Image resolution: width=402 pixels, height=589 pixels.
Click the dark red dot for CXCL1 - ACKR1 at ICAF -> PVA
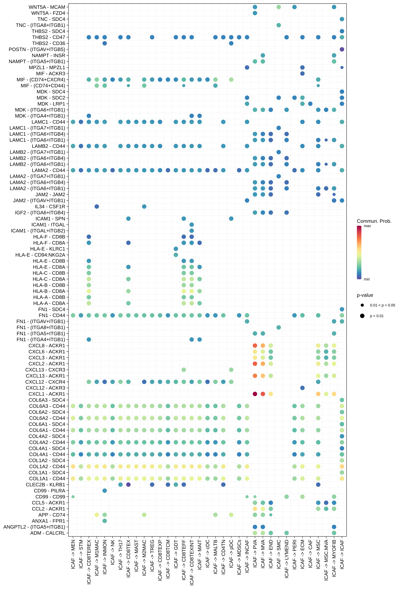pyautogui.click(x=255, y=394)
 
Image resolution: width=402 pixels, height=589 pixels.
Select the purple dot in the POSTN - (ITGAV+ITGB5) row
pyautogui.click(x=342, y=49)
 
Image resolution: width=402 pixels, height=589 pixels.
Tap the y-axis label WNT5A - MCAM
pyautogui.click(x=47, y=7)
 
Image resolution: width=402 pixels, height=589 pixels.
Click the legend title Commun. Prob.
pyautogui.click(x=374, y=221)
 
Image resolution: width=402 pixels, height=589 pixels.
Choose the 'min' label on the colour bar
pyautogui.click(x=367, y=279)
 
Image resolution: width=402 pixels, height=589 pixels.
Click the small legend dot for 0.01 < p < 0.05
pyautogui.click(x=362, y=305)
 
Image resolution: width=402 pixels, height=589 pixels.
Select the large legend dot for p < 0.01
pyautogui.click(x=362, y=316)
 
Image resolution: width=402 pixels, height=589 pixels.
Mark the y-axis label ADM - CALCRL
pyautogui.click(x=48, y=533)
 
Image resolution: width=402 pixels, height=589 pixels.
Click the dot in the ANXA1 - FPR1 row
pyautogui.click(x=105, y=521)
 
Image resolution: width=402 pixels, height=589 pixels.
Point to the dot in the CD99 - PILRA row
pyautogui.click(x=105, y=491)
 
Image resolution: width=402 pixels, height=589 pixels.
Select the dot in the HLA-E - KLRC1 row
pyautogui.click(x=176, y=249)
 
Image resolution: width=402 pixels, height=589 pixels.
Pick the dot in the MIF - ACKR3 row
pyautogui.click(x=302, y=74)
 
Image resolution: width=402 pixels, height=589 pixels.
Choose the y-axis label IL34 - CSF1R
pyautogui.click(x=50, y=207)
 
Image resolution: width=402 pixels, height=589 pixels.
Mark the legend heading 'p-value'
pyautogui.click(x=365, y=295)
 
